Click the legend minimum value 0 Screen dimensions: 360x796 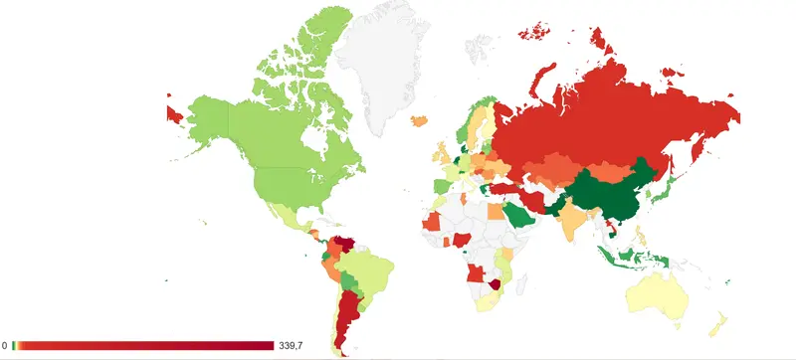coord(5,346)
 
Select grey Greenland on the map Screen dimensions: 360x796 coord(383,70)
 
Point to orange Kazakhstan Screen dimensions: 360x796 coord(552,165)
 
